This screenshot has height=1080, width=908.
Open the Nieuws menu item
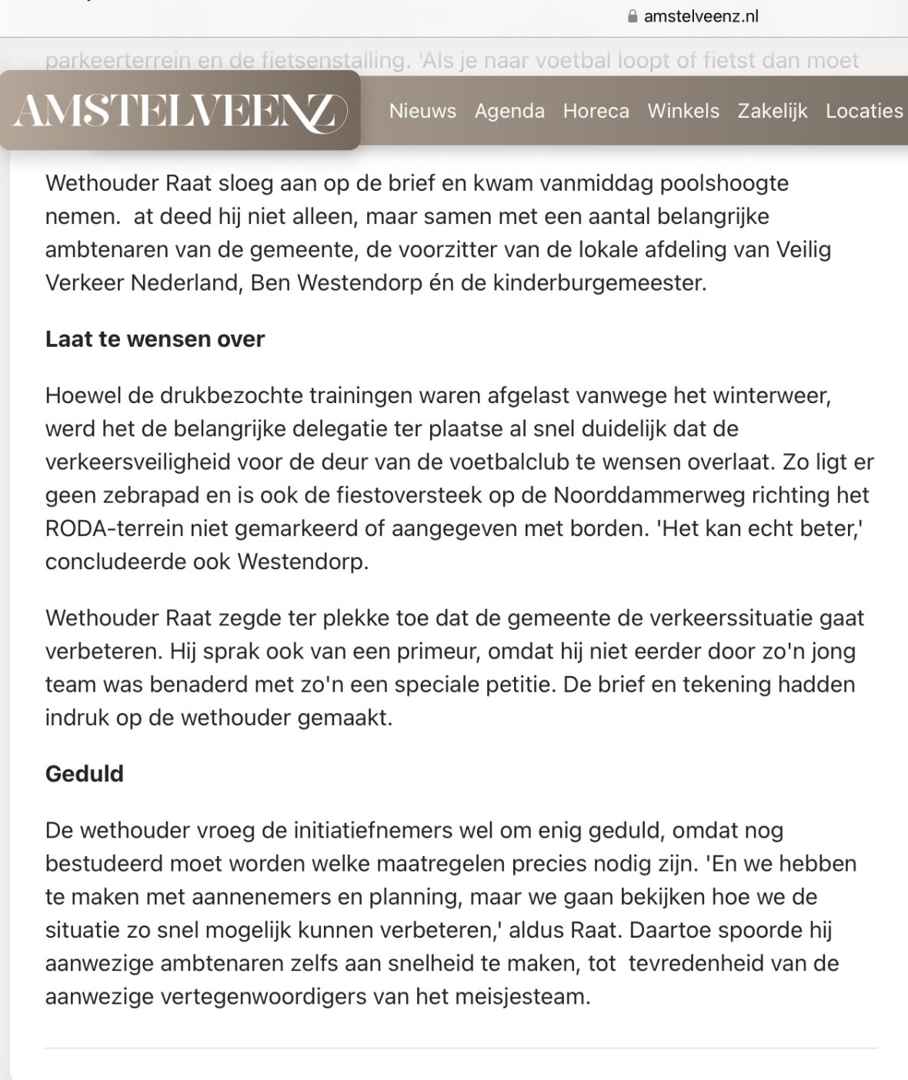coord(422,111)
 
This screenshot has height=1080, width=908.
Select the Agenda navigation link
coord(509,111)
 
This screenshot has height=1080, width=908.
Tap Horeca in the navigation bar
coord(596,111)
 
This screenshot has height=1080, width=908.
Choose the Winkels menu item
coord(683,111)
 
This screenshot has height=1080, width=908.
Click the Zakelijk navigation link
coord(773,111)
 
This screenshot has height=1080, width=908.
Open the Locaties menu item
coord(864,111)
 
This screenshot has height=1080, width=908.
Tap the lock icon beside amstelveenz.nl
coord(633,16)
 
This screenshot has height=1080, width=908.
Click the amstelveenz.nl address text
coord(701,16)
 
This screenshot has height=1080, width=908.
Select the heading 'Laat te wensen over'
coord(155,339)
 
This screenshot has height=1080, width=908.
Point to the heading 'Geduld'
coord(85,773)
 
